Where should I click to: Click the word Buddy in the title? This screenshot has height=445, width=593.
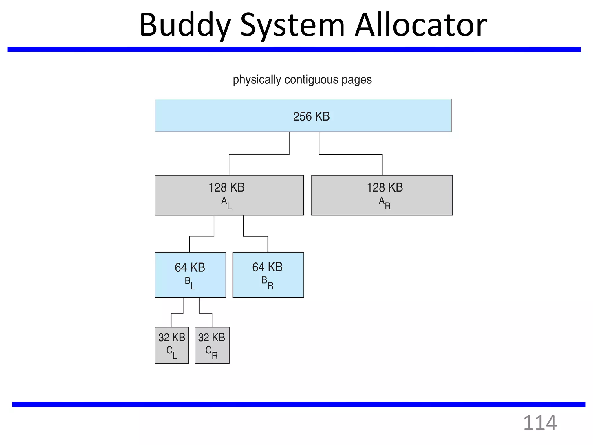(185, 25)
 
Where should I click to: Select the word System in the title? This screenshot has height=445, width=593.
(292, 25)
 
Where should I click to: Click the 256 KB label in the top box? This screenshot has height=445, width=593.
(311, 116)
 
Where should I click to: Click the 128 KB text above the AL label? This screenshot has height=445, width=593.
(226, 187)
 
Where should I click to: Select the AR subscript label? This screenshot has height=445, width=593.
(385, 203)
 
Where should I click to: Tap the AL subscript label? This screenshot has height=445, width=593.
(226, 203)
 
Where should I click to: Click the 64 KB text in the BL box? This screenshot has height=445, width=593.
(190, 267)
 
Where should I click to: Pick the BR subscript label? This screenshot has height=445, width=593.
(267, 283)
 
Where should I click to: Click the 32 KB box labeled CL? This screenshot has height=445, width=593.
(172, 345)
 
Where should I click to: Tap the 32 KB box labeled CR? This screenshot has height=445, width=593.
(212, 345)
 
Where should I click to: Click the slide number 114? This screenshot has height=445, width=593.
(540, 423)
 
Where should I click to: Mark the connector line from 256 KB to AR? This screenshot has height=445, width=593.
(351, 154)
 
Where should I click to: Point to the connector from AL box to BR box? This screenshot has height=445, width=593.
(255, 236)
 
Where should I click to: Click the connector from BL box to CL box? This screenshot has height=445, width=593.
(177, 313)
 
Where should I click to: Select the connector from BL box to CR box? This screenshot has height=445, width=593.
(206, 313)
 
